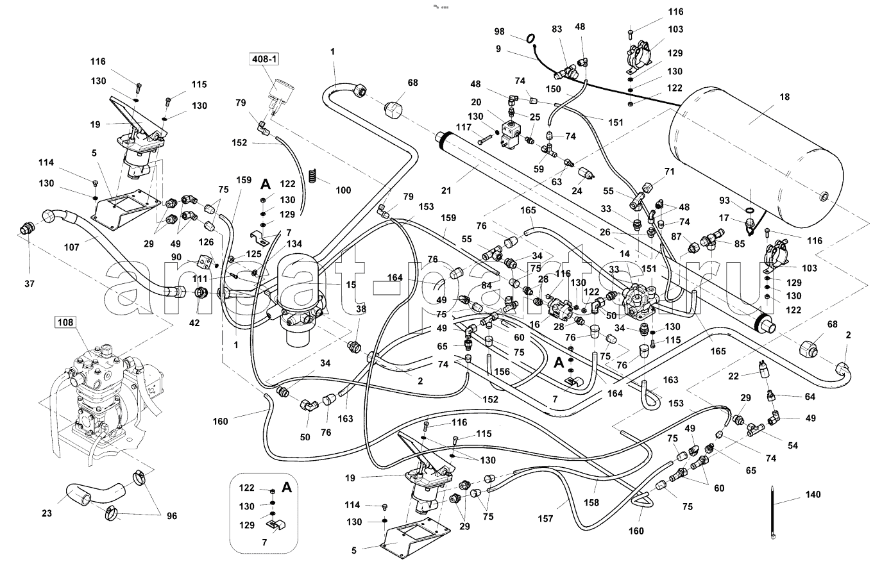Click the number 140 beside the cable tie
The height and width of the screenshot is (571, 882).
point(812,495)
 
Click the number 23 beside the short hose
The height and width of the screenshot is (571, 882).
point(46,513)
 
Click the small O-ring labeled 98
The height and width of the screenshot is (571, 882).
point(530,39)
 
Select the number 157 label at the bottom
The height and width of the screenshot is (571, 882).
point(545,519)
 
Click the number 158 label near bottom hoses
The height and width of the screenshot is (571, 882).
point(591,503)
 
